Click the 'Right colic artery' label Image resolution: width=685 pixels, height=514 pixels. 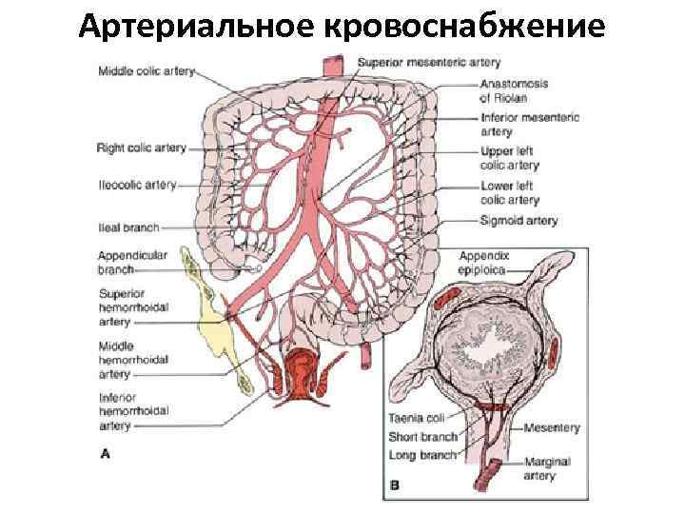tap(141, 148)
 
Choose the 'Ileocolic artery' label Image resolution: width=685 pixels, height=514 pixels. tap(136, 185)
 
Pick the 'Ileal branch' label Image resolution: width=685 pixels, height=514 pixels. tap(127, 228)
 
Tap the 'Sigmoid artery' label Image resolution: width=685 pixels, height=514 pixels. tap(519, 221)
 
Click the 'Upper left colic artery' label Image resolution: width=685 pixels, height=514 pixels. tap(509, 158)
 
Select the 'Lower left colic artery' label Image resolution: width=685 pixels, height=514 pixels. tap(509, 193)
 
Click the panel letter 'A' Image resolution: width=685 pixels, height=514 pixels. tap(106, 454)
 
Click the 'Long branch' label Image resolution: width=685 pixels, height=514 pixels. tap(422, 455)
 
